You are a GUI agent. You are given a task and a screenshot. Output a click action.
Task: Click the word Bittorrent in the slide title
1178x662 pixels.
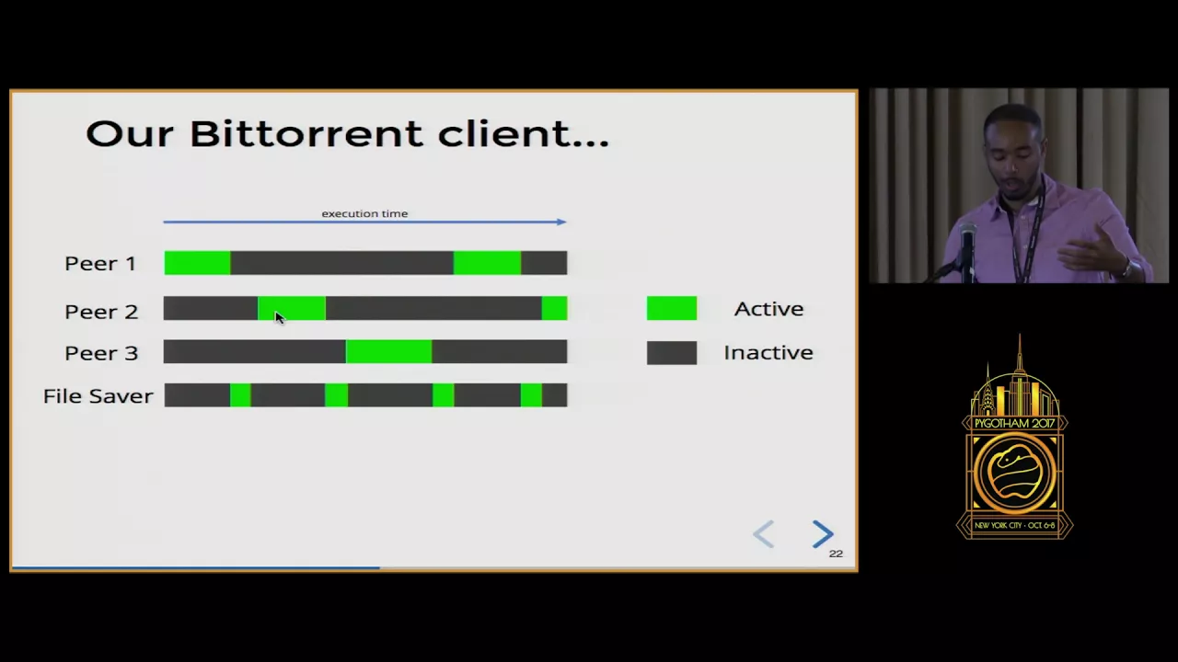306,133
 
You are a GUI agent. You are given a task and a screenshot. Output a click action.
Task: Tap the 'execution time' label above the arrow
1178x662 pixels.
364,213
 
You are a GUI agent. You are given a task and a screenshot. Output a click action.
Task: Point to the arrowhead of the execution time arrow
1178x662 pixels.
561,222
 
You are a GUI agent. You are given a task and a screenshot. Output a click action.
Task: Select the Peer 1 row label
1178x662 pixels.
100,263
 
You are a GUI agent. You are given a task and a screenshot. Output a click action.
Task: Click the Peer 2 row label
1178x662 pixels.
101,312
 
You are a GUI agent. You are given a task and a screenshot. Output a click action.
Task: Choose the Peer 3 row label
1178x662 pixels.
101,353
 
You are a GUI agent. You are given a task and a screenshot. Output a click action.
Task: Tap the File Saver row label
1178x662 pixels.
98,396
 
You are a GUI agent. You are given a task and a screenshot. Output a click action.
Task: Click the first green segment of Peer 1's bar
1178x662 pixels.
197,263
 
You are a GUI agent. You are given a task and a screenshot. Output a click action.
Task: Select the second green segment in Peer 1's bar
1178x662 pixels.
488,263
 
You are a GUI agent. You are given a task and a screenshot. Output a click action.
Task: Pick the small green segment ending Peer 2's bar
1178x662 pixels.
554,308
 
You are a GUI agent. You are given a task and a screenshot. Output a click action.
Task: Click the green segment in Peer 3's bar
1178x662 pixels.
389,351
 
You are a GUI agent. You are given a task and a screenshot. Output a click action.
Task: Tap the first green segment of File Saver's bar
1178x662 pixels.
240,395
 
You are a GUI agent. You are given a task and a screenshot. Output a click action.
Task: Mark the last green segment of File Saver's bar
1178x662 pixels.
531,395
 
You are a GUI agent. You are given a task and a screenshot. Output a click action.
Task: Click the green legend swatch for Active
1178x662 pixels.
672,308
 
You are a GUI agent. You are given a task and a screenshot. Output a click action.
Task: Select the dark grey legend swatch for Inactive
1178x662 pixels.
672,352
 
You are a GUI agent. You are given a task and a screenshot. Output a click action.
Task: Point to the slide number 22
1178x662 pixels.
836,554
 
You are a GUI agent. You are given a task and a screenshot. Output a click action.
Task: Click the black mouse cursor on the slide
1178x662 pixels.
279,317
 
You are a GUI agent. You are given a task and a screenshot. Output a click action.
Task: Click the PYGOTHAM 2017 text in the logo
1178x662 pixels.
1014,424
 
